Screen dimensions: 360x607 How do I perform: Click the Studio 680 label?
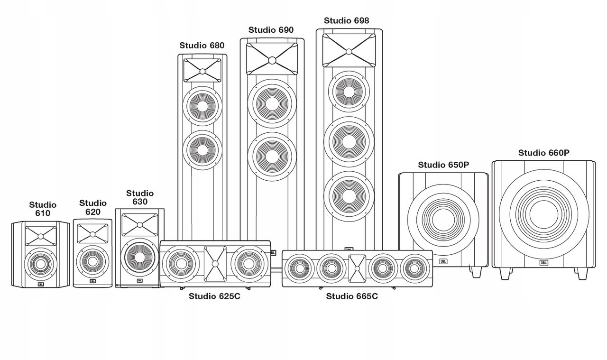pos(202,46)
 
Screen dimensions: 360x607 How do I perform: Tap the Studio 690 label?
pos(271,30)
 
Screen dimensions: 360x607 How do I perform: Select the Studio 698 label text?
pos(346,20)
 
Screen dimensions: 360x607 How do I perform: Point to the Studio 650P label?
pos(443,165)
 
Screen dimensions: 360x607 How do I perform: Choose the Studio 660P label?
pos(543,153)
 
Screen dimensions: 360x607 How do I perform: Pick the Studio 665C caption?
pos(351,296)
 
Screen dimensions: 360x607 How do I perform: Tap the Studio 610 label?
pos(43,209)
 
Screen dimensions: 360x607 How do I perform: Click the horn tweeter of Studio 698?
pos(349,50)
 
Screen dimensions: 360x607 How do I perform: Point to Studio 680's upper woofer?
pos(202,106)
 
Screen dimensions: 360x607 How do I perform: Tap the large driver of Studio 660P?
pos(543,214)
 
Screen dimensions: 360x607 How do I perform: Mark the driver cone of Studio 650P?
pos(443,218)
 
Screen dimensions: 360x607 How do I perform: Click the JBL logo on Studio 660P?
pos(543,263)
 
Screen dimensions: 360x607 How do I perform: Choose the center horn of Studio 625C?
pos(215,262)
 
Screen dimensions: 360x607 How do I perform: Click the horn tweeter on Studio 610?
pos(41,236)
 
